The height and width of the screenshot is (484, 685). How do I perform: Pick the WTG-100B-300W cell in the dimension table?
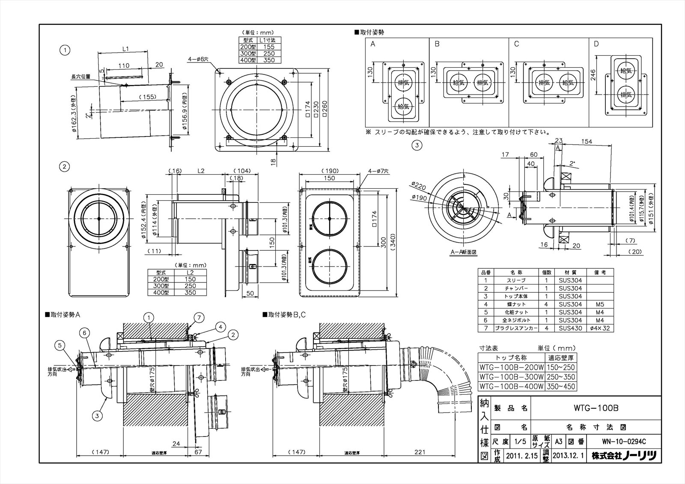pyautogui.click(x=511, y=377)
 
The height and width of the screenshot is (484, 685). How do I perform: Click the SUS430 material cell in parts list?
pyautogui.click(x=570, y=328)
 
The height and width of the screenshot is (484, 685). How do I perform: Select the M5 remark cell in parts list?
pyautogui.click(x=599, y=304)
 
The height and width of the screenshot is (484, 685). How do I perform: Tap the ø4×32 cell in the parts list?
pyautogui.click(x=599, y=328)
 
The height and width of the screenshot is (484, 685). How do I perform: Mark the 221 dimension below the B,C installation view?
pyautogui.click(x=420, y=451)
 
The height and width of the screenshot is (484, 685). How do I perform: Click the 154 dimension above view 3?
pyautogui.click(x=587, y=142)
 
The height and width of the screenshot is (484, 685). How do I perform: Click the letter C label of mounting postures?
pyautogui.click(x=517, y=44)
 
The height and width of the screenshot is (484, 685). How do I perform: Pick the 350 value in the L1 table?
pyautogui.click(x=269, y=60)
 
